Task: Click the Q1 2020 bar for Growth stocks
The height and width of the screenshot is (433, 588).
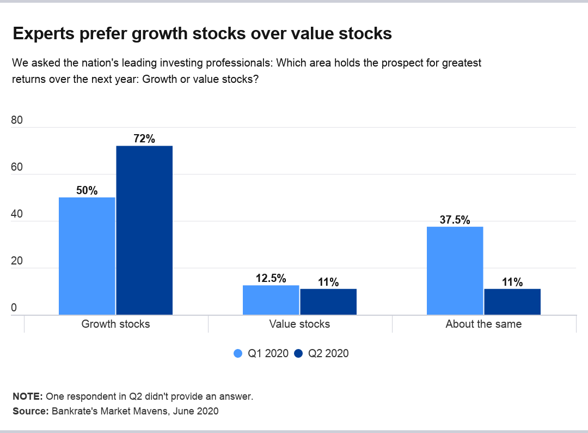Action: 87,256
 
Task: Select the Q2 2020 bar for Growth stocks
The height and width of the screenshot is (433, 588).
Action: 144,230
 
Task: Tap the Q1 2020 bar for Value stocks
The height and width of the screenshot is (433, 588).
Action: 271,300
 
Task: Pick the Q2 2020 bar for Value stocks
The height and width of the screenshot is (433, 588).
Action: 328,302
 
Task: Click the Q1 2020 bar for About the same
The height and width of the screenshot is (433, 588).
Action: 455,270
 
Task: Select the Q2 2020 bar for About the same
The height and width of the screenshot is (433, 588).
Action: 512,302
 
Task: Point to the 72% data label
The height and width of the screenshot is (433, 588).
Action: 144,139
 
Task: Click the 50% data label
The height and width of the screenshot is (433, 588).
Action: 87,190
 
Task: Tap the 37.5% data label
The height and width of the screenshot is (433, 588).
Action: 455,220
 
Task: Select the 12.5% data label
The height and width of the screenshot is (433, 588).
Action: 271,278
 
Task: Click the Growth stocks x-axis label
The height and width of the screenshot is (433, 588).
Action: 115,324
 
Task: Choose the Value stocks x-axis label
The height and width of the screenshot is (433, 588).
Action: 299,324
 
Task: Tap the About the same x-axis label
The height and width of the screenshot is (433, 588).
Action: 483,324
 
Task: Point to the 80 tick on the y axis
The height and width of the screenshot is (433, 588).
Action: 17,121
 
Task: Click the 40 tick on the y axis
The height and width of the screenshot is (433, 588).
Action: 17,214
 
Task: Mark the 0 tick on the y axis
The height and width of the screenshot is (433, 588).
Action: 14,308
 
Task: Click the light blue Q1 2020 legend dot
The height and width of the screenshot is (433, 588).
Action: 238,353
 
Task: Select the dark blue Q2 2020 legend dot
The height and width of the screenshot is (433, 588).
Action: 298,353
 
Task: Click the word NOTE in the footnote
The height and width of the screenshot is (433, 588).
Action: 27,396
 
